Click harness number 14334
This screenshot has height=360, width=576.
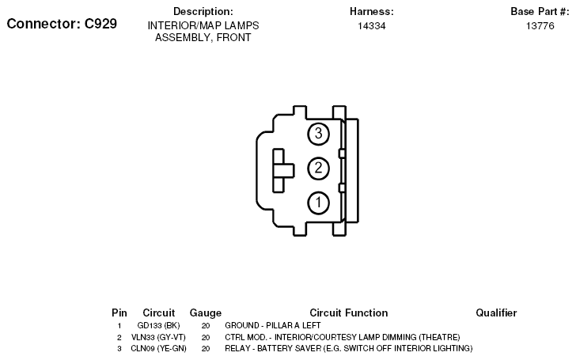[372, 25]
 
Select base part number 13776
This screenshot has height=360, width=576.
[540, 25]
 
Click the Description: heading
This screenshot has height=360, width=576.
[203, 11]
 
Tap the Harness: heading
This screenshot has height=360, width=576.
[371, 11]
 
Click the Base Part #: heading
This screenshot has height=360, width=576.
[540, 11]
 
